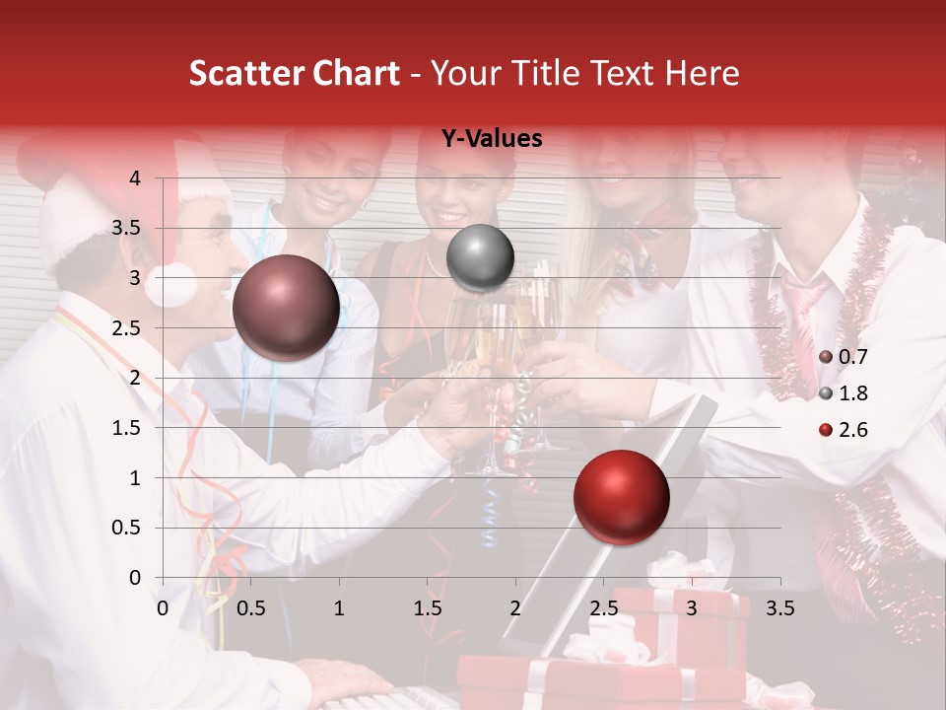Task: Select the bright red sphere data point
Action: click(621, 497)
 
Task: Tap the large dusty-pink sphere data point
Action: click(286, 308)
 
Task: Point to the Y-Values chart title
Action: click(491, 139)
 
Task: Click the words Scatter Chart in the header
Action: click(294, 73)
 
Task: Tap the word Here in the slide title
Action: click(702, 73)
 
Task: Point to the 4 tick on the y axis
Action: click(135, 178)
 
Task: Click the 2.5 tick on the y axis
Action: click(127, 328)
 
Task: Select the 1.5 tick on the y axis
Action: click(127, 428)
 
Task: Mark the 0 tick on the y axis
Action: click(135, 578)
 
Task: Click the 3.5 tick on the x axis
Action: click(779, 607)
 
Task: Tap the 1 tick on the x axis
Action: click(339, 607)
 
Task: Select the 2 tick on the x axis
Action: click(515, 607)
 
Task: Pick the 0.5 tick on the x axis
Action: click(251, 607)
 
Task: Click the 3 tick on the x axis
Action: click(692, 607)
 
